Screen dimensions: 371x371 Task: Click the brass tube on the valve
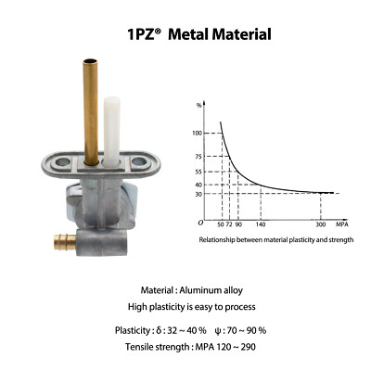coord(91,112)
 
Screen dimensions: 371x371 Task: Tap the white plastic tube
coord(111,132)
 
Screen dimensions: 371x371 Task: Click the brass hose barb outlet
coord(65,242)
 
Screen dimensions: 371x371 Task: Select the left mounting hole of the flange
coord(63,161)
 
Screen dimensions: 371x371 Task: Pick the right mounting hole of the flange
coord(138,161)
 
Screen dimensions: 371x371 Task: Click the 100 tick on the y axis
coord(197,134)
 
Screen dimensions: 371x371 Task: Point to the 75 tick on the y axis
coord(198,157)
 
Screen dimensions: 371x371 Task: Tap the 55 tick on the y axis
coord(198,172)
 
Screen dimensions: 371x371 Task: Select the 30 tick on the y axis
coord(198,194)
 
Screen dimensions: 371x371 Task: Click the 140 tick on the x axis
coord(261,224)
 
